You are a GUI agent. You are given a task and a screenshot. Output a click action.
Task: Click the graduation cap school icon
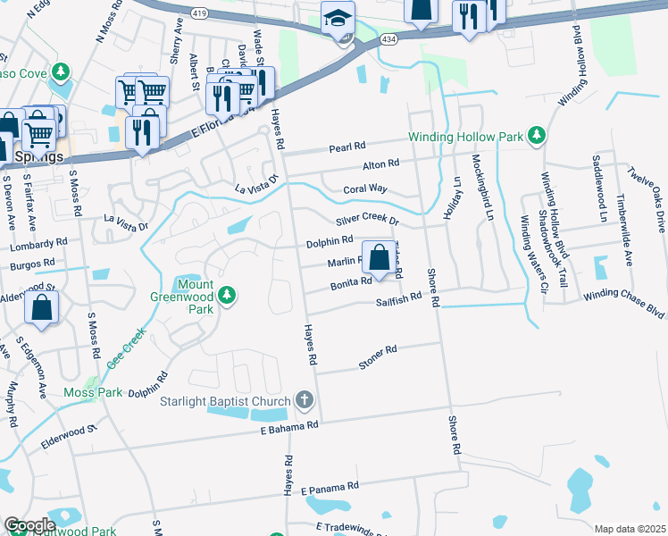pyautogui.click(x=338, y=18)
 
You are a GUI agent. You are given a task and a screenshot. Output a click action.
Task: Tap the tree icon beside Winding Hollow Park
pyautogui.click(x=536, y=136)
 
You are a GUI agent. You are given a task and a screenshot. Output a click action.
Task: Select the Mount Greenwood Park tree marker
pyautogui.click(x=228, y=294)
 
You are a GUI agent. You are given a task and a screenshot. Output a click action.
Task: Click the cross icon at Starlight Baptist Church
pyautogui.click(x=305, y=400)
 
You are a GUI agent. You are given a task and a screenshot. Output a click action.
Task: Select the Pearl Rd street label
pyautogui.click(x=347, y=146)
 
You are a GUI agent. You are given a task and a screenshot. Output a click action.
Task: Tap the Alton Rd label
pyautogui.click(x=380, y=165)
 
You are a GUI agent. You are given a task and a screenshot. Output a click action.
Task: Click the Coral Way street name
pyautogui.click(x=365, y=189)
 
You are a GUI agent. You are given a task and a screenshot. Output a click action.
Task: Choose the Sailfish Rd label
pyautogui.click(x=398, y=300)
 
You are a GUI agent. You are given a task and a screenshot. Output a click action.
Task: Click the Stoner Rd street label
pyautogui.click(x=377, y=356)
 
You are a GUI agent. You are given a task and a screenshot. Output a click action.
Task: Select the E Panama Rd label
pyautogui.click(x=330, y=487)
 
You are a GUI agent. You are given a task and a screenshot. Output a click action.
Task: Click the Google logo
pyautogui.click(x=29, y=525)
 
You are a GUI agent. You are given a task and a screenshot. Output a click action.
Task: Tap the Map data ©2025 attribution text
pyautogui.click(x=630, y=529)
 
